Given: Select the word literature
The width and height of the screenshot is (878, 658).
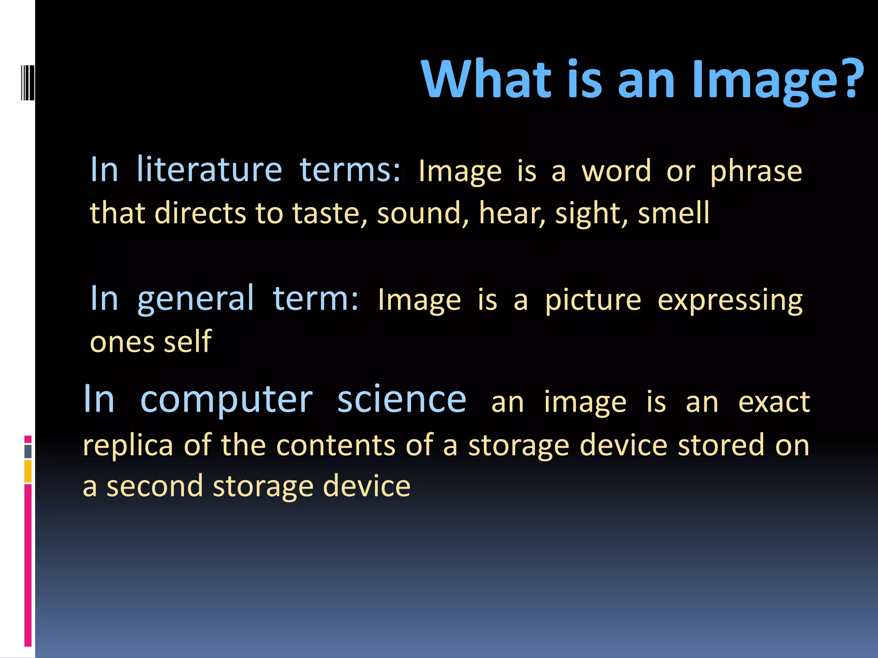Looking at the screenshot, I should click(209, 170).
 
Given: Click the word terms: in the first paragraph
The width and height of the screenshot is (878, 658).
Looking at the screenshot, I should click(350, 170).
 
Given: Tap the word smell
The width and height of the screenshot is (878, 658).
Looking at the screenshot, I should click(674, 213).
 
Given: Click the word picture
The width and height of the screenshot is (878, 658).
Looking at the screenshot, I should click(593, 301).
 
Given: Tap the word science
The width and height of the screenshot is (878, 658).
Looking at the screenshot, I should click(401, 400).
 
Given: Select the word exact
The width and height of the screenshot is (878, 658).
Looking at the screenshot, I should click(774, 402).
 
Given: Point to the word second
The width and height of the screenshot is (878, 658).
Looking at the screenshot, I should click(154, 487).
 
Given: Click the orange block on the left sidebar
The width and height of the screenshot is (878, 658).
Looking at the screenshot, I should click(28, 471).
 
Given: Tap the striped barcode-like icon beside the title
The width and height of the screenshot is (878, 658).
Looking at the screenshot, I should click(27, 82).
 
